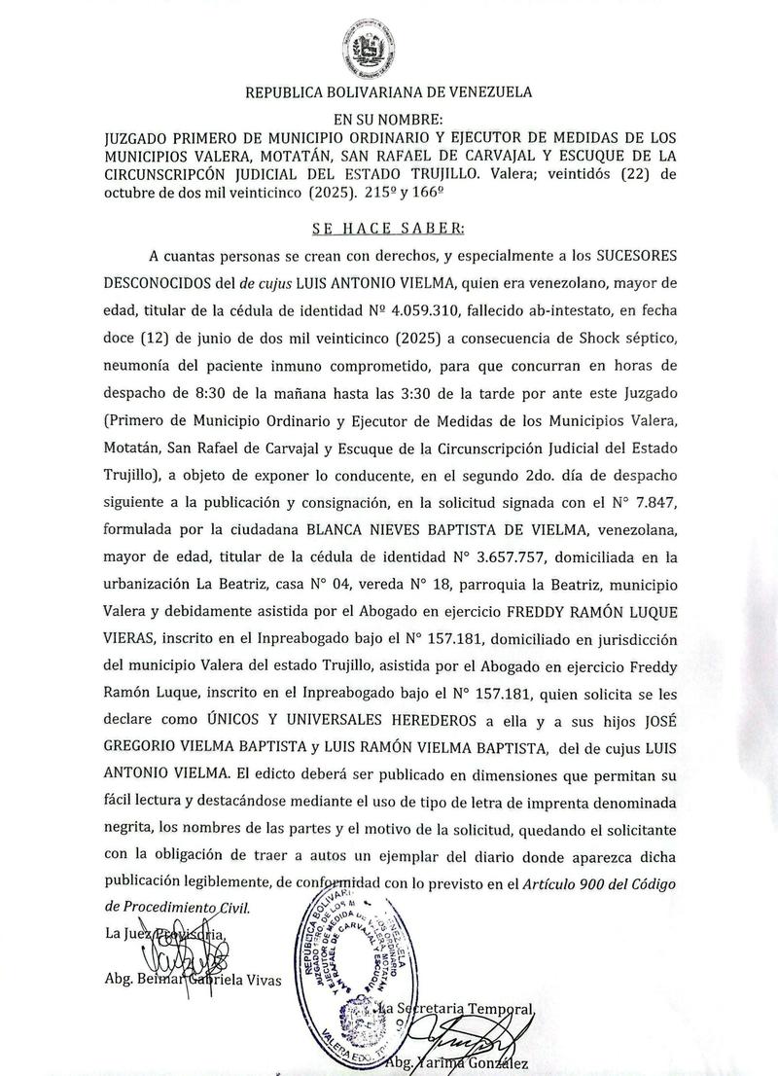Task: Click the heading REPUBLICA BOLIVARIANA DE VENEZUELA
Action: click(x=388, y=93)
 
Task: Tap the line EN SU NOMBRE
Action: click(x=388, y=119)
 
